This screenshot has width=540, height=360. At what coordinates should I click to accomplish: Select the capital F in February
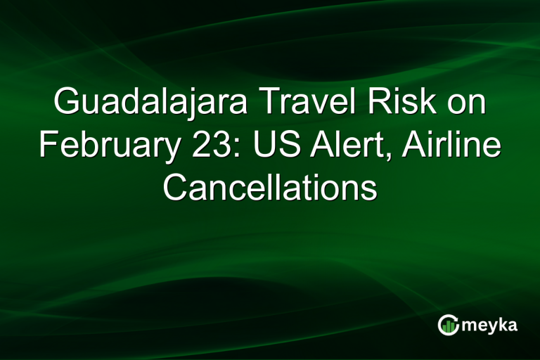tap(48, 146)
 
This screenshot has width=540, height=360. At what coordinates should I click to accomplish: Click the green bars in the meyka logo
tap(447, 326)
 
